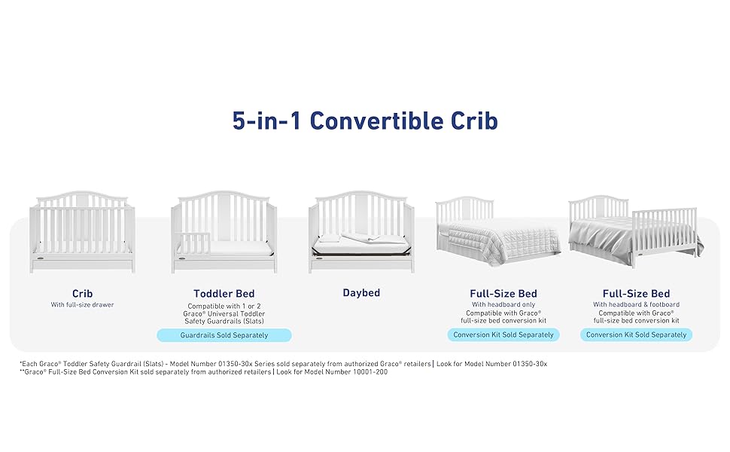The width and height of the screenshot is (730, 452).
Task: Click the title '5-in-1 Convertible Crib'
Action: (x=365, y=121)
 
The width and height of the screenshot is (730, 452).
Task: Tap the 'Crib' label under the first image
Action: (x=82, y=294)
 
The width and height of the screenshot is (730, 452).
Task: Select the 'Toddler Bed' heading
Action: (x=224, y=294)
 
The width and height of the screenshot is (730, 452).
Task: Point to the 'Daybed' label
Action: (x=361, y=292)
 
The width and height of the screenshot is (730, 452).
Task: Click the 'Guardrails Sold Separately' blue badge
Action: (x=224, y=335)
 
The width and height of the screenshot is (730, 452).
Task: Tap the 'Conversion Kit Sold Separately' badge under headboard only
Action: (x=503, y=334)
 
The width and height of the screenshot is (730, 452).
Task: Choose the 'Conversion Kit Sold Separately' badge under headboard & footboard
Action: (x=636, y=334)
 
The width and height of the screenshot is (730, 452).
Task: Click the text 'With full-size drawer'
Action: (x=82, y=305)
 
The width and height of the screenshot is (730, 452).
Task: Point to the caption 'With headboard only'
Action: (x=503, y=304)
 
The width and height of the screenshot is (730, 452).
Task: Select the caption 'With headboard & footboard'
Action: (x=636, y=304)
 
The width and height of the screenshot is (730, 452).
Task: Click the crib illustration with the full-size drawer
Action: (x=82, y=231)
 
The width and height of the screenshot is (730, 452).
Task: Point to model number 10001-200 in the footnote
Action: (x=370, y=372)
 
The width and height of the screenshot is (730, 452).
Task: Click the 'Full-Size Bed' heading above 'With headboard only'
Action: (x=503, y=294)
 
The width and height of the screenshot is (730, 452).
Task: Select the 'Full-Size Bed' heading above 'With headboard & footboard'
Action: (x=636, y=294)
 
